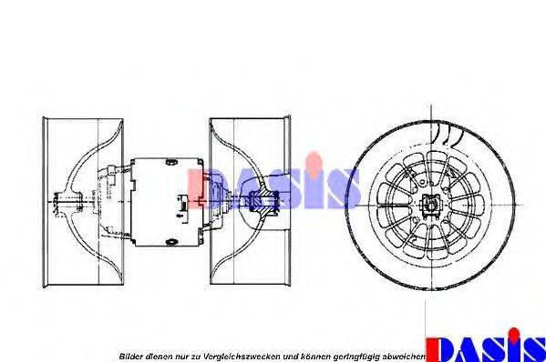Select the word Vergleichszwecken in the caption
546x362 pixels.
click(x=242, y=357)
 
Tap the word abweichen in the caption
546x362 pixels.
click(x=404, y=357)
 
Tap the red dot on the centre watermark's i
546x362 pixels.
click(x=314, y=159)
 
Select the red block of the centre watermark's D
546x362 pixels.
click(x=195, y=188)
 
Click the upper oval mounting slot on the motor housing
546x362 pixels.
click(x=171, y=162)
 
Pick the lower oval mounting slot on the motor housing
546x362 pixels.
click(x=171, y=241)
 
